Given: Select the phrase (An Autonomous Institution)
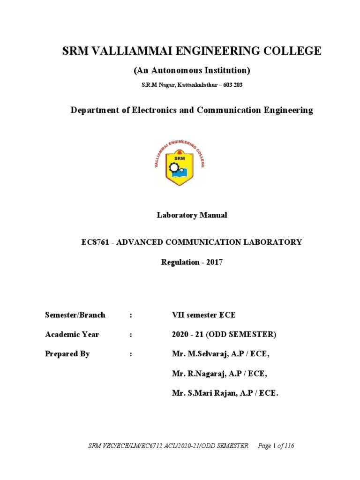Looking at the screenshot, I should (x=192, y=71).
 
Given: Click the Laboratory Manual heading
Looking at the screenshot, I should (x=192, y=215).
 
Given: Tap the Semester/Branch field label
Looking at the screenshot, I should (x=75, y=315).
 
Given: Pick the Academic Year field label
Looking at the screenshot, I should (x=72, y=335).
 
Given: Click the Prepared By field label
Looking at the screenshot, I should (x=67, y=354).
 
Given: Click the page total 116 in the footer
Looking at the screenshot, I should (x=289, y=446).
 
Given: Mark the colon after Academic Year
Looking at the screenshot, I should (x=131, y=335).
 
